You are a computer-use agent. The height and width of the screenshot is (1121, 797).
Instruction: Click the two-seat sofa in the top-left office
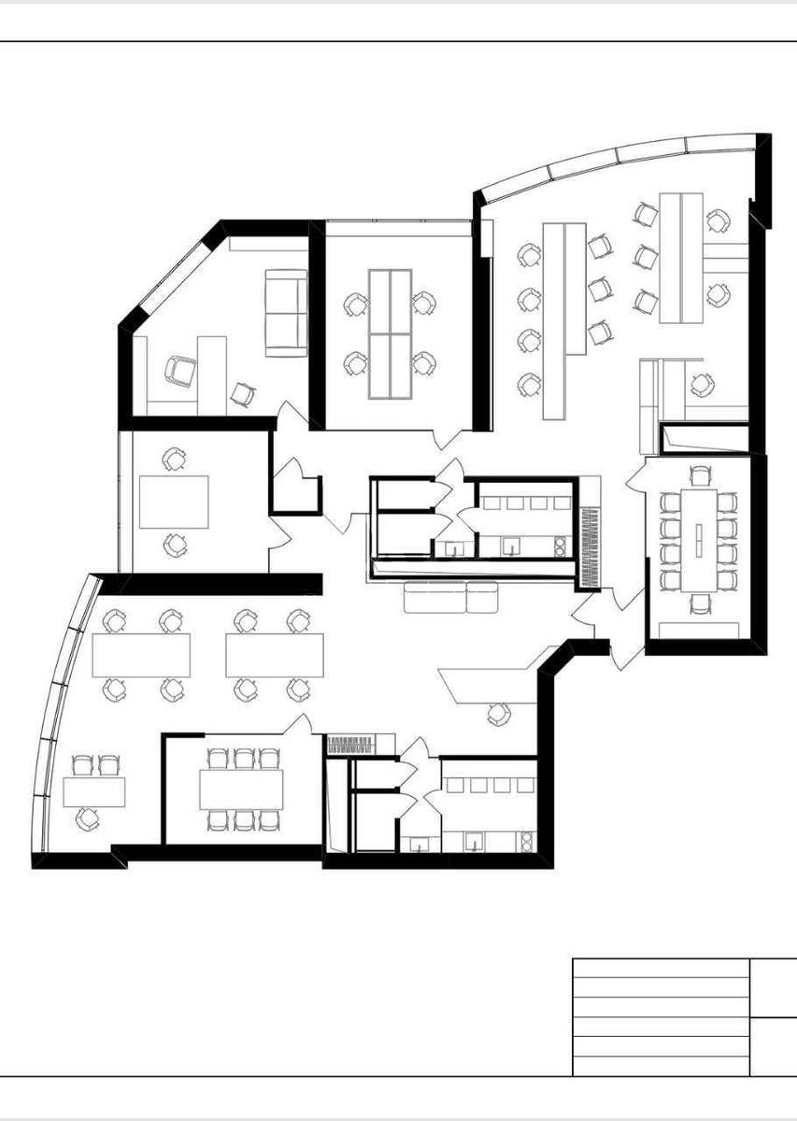[285, 313]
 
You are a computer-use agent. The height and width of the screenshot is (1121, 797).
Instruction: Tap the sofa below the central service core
[450, 596]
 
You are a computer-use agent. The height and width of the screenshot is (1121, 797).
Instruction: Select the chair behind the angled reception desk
[499, 715]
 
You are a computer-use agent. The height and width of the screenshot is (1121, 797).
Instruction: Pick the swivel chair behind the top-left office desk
[179, 371]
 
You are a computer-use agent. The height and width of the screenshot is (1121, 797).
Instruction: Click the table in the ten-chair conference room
[700, 539]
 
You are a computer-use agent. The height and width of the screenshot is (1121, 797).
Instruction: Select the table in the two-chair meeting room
[174, 502]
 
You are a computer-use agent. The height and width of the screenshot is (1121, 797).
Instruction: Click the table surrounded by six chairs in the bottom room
[241, 789]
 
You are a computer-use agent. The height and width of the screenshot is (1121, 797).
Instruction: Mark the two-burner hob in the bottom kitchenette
[527, 841]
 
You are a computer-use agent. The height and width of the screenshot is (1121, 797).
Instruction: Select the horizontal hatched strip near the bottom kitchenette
[349, 745]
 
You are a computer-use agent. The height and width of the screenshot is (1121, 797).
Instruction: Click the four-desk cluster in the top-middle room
[390, 333]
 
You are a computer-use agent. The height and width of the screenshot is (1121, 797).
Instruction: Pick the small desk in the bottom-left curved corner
[94, 791]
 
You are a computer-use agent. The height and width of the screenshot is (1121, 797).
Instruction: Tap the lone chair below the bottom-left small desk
[87, 819]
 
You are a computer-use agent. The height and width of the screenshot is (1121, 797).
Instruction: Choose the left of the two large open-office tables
[141, 655]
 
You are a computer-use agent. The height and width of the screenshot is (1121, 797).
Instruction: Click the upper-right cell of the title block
[774, 986]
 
